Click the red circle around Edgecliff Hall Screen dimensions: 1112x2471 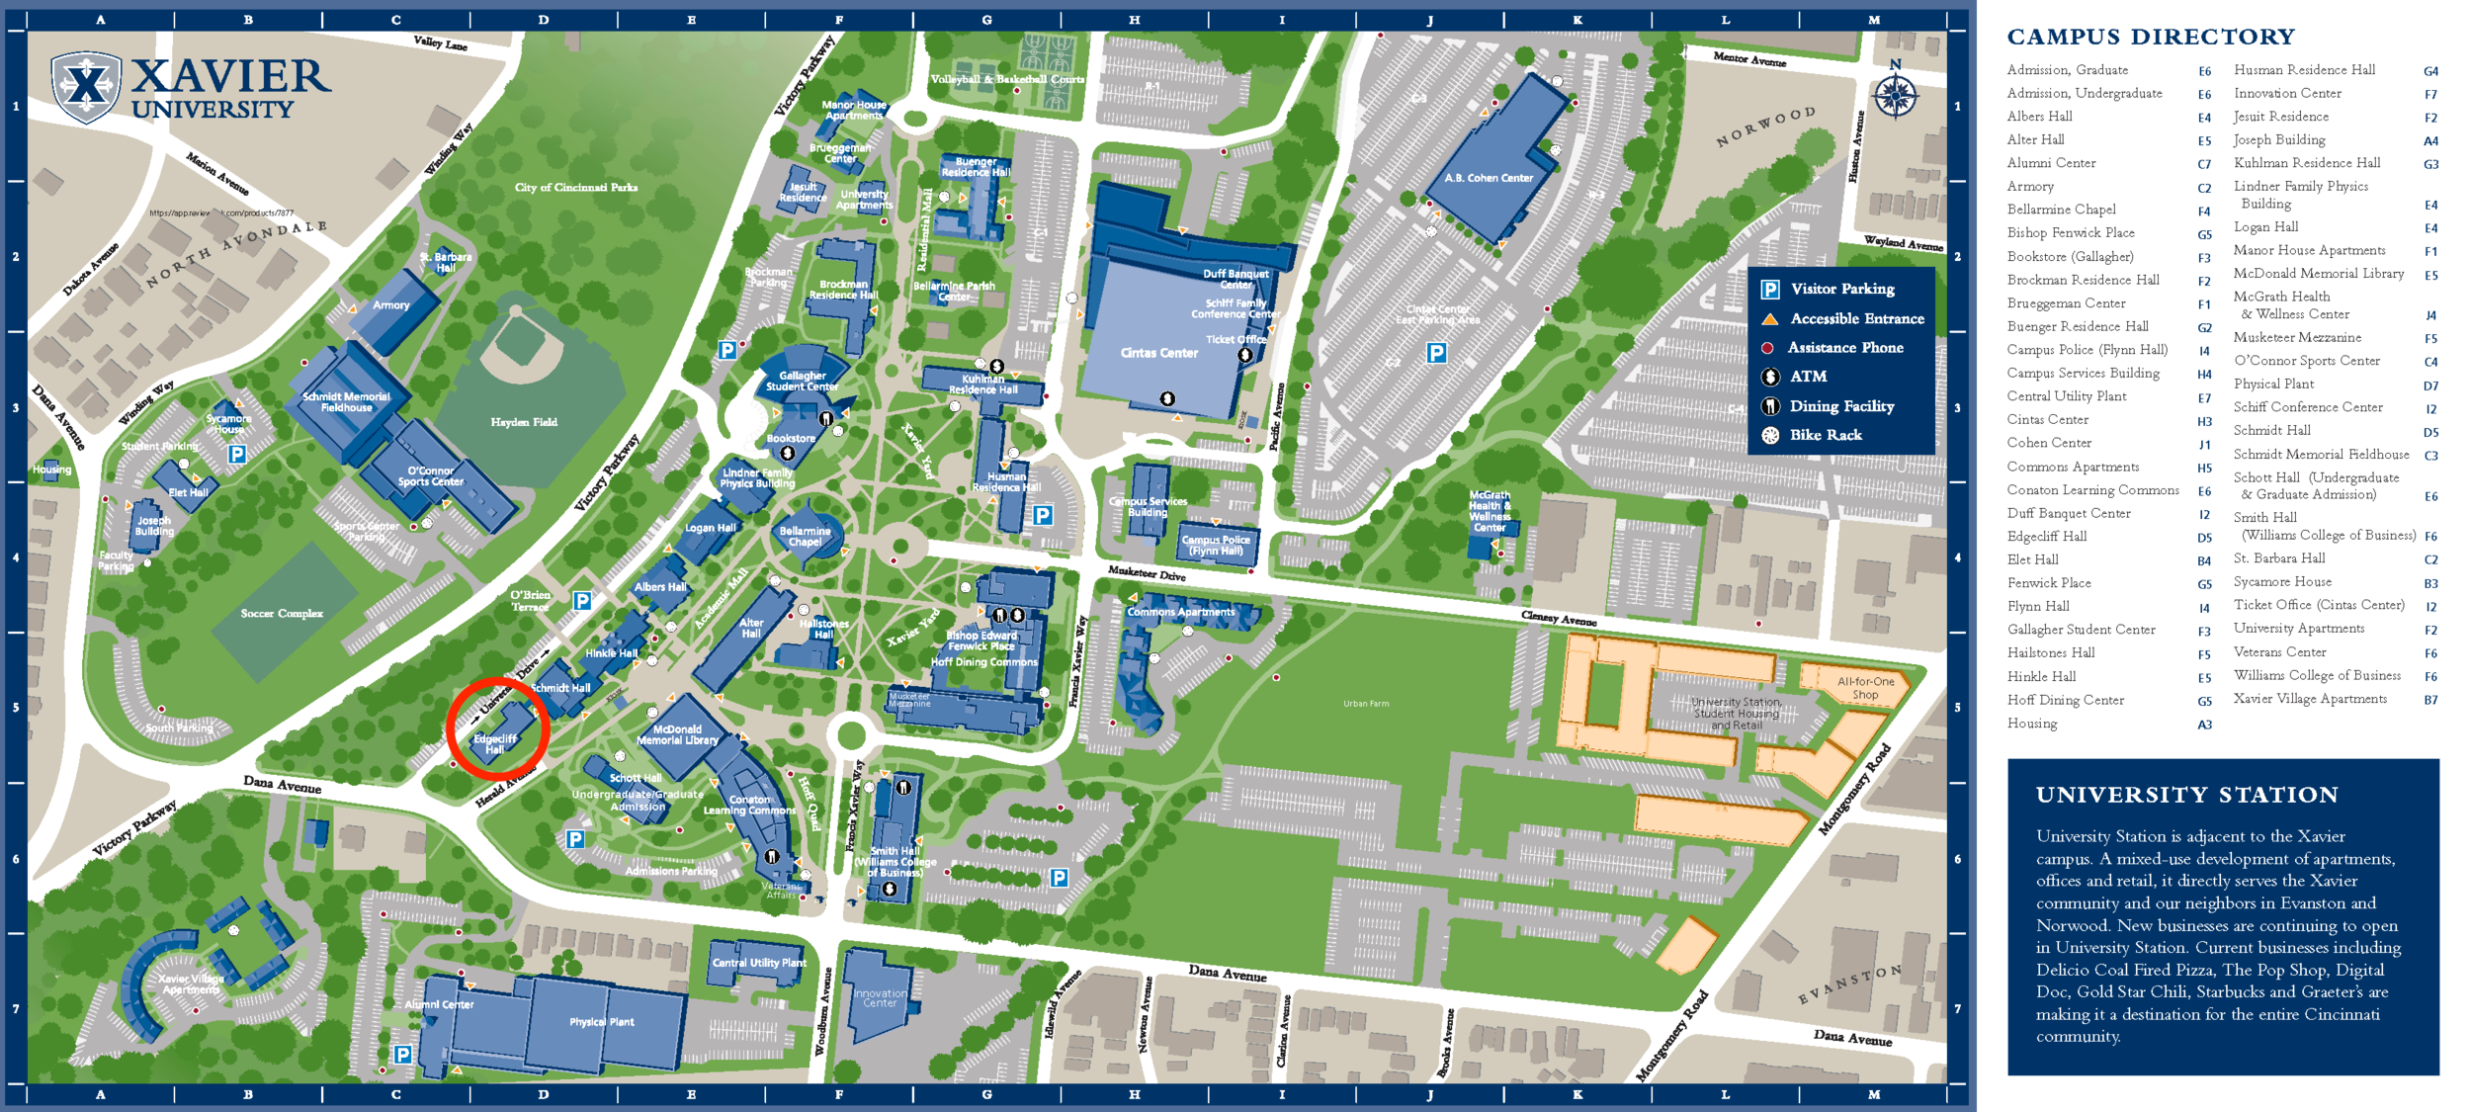(x=497, y=729)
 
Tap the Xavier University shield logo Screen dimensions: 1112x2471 (x=87, y=87)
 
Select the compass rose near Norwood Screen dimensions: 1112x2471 (x=1895, y=94)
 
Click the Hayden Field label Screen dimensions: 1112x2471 (x=523, y=422)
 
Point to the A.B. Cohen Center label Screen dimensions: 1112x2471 (x=1488, y=178)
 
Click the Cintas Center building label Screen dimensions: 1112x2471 (x=1158, y=353)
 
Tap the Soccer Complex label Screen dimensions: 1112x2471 (x=282, y=614)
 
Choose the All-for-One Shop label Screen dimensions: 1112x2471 (x=1865, y=688)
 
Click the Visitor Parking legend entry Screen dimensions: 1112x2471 (x=1841, y=289)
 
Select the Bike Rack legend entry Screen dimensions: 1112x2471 (x=1825, y=435)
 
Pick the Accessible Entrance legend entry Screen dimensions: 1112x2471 (x=1856, y=318)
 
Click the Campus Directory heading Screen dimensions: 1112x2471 (x=2150, y=37)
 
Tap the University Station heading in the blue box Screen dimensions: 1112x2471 (x=2186, y=795)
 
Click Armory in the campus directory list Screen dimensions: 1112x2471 (x=2030, y=186)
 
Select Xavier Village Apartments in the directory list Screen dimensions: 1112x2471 (x=2309, y=699)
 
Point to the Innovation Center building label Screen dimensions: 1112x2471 (x=880, y=998)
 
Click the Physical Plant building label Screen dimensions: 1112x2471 (x=601, y=1022)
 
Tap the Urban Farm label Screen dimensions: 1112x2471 (x=1366, y=704)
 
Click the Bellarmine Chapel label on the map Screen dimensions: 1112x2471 (x=805, y=536)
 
